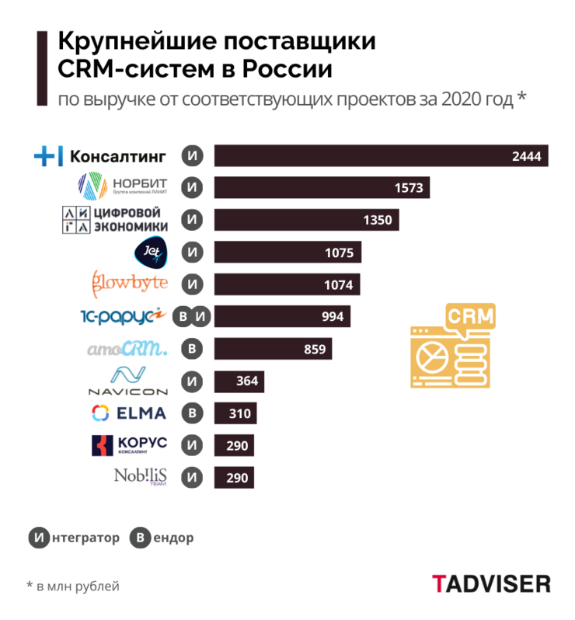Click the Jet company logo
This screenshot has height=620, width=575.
click(x=148, y=252)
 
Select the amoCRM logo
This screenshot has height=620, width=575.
click(x=127, y=349)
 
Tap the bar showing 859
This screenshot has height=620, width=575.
click(x=272, y=349)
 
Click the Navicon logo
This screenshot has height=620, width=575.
click(x=127, y=381)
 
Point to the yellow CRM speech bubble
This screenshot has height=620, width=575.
click(x=469, y=319)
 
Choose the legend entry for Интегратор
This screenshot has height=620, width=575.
click(x=75, y=537)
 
